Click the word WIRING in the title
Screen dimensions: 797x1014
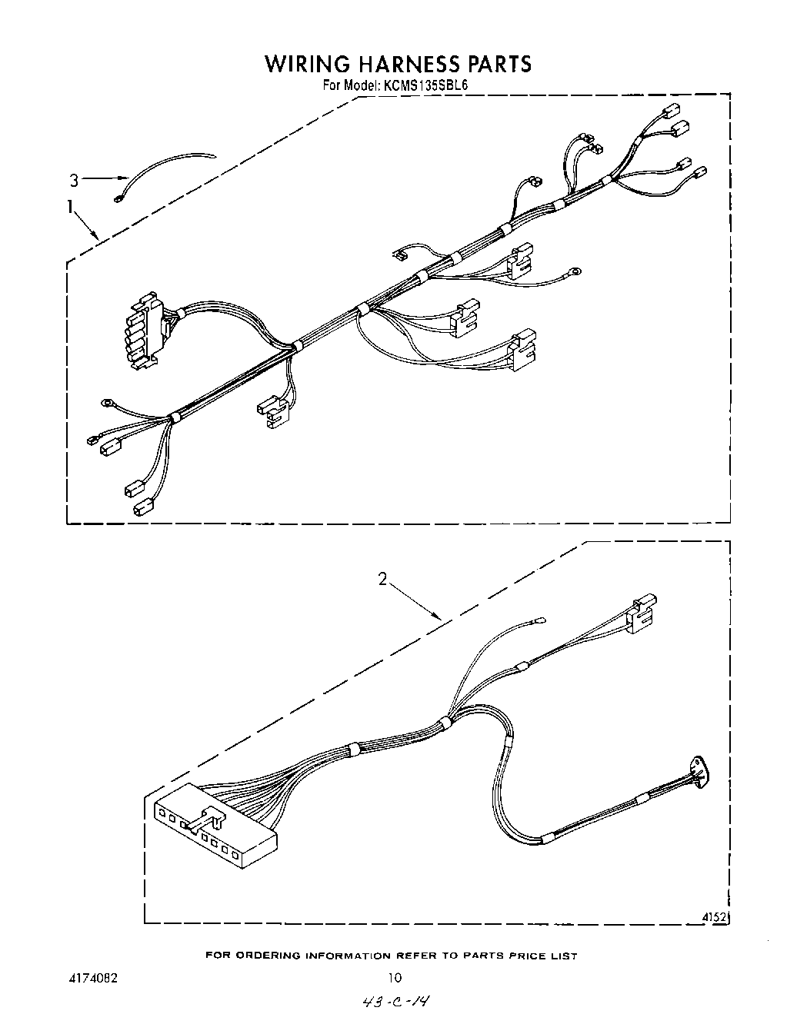pyautogui.click(x=307, y=63)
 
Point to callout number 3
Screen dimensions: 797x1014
pyautogui.click(x=74, y=181)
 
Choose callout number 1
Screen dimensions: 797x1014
pyautogui.click(x=70, y=206)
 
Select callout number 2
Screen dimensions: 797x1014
pyautogui.click(x=382, y=579)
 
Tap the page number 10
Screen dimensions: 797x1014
pyautogui.click(x=394, y=978)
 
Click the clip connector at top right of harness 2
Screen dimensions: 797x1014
pyautogui.click(x=641, y=615)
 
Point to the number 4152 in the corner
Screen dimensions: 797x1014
pyautogui.click(x=715, y=917)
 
